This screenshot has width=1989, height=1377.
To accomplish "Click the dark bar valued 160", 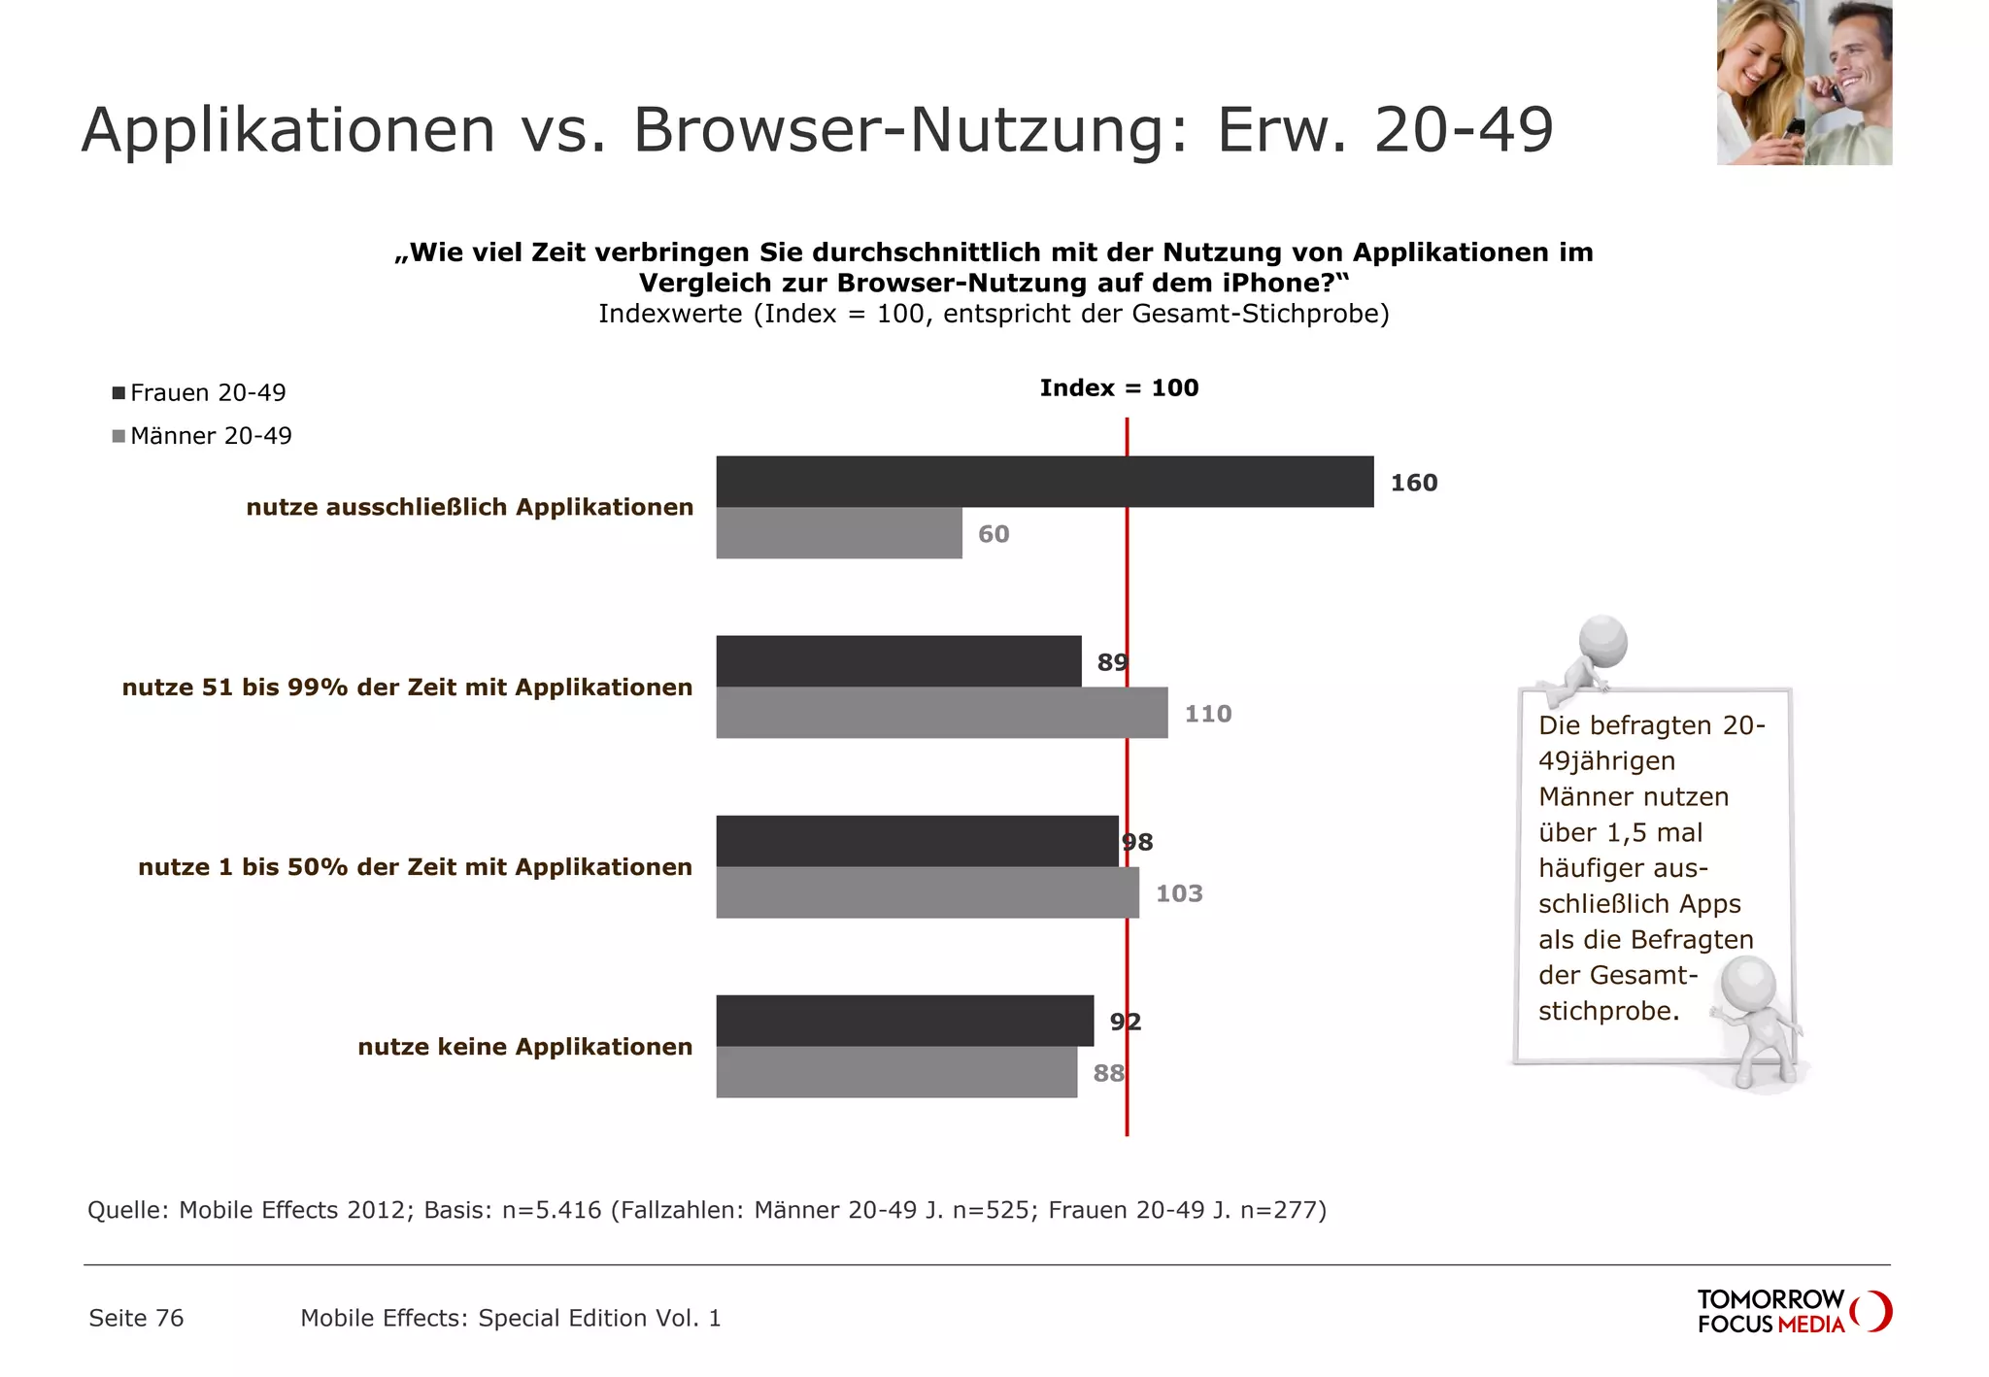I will tap(1044, 482).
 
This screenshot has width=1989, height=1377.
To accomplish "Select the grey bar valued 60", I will tap(839, 533).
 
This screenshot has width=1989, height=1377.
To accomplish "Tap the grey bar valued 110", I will tap(942, 713).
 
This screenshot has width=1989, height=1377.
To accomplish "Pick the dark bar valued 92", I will tap(904, 1021).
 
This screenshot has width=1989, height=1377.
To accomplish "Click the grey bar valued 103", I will tap(927, 892).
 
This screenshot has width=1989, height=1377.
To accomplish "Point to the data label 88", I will tap(1108, 1073).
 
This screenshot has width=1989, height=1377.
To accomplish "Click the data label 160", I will tap(1413, 483).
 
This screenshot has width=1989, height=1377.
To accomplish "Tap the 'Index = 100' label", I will tap(1119, 388).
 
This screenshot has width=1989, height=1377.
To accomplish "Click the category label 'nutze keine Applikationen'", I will tap(524, 1047).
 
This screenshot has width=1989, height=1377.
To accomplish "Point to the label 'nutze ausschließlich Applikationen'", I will tap(469, 507).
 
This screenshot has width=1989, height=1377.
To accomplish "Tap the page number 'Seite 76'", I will tap(136, 1318).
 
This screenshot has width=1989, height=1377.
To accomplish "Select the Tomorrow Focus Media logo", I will tap(1793, 1311).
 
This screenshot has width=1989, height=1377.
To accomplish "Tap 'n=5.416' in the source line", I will tap(552, 1210).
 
